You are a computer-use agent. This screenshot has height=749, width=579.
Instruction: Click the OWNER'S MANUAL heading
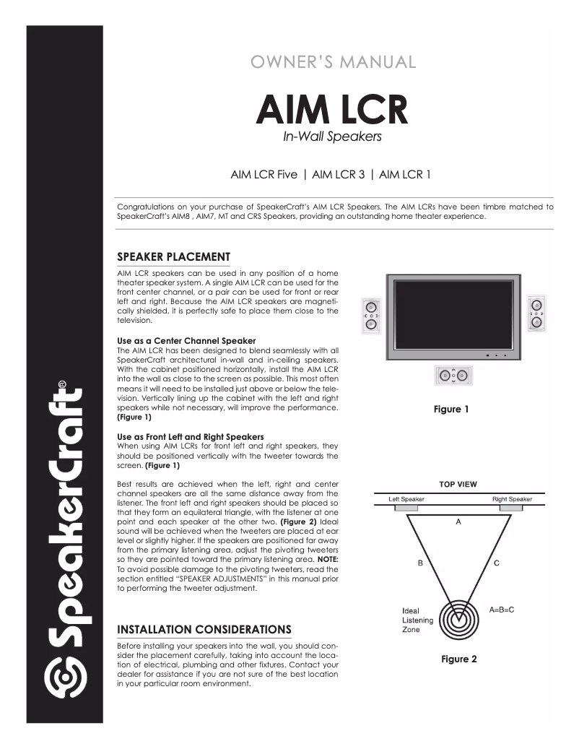pyautogui.click(x=332, y=61)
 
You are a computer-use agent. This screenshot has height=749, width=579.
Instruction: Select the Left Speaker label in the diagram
pyautogui.click(x=406, y=500)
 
